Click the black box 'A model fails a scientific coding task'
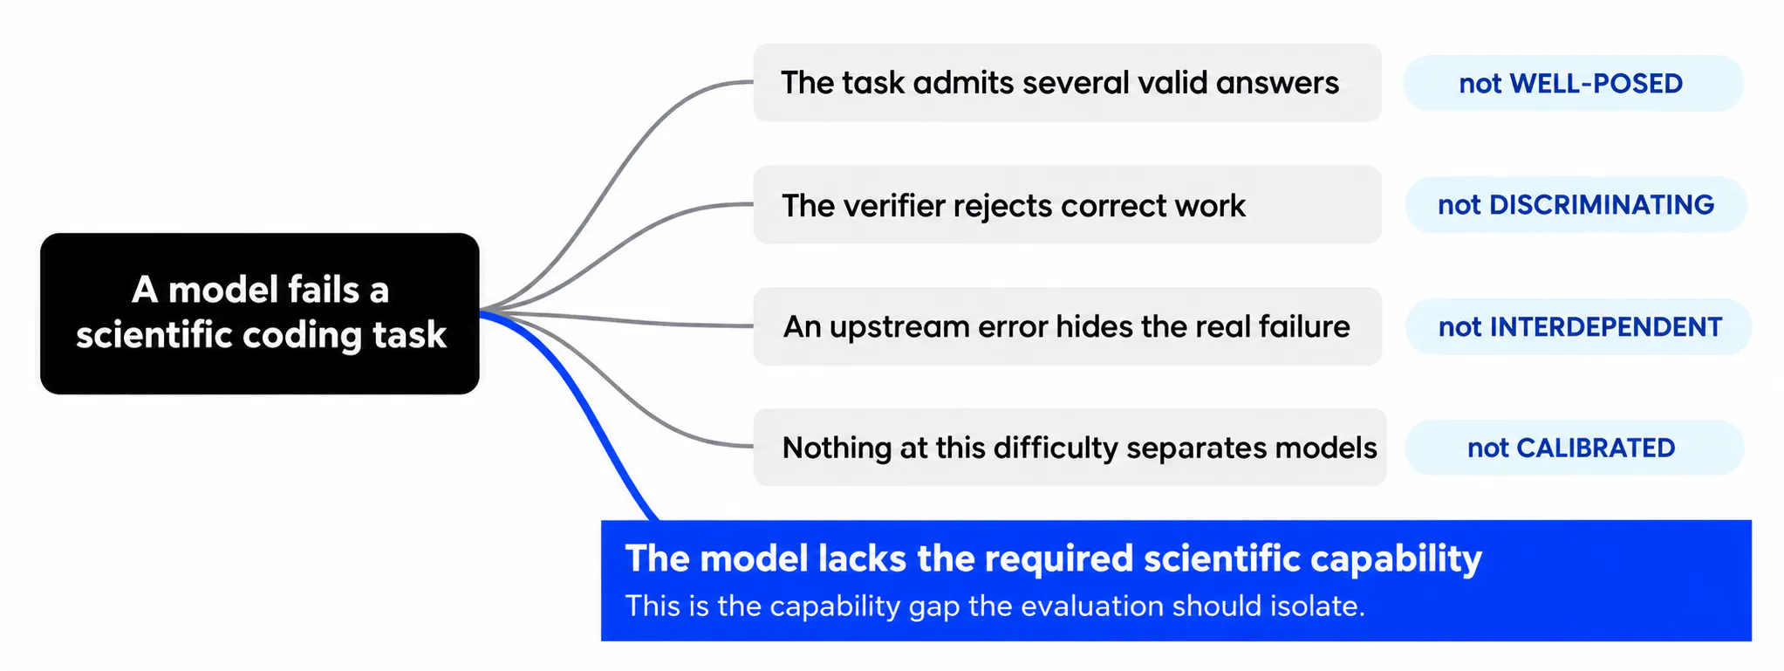[260, 313]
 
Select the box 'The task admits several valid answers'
[1067, 83]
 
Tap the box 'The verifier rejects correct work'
[1067, 205]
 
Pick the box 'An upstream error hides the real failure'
[1067, 326]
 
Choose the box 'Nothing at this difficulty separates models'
[1070, 448]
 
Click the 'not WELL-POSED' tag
[1573, 83]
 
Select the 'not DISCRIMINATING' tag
[1576, 204]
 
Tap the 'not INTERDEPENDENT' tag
[1578, 326]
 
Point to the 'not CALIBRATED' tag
[1574, 448]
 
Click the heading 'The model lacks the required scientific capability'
[1053, 558]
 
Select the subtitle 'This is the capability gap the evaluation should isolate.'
[995, 606]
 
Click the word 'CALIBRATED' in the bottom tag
[1596, 448]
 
